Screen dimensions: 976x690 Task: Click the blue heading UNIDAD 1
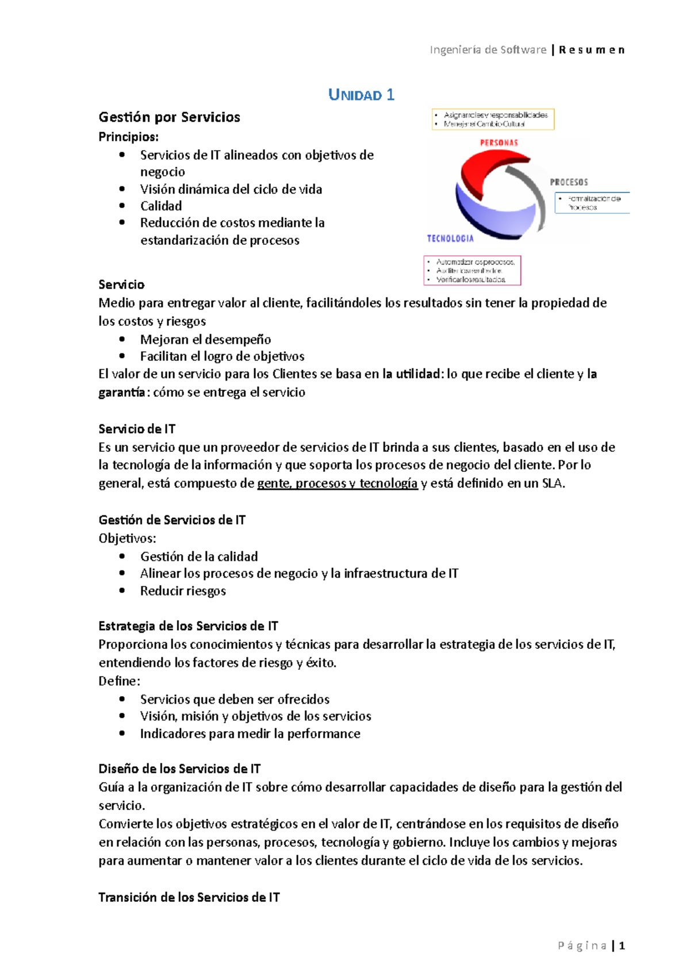point(361,95)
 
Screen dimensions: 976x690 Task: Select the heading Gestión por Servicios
point(169,117)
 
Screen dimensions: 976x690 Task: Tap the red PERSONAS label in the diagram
point(499,143)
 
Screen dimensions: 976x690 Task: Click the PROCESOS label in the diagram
point(569,182)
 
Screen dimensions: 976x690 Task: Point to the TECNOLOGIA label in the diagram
point(450,239)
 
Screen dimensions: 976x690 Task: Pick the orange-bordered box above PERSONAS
point(493,119)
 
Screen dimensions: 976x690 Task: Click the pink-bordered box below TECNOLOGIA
point(472,270)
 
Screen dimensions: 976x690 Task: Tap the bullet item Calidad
point(161,206)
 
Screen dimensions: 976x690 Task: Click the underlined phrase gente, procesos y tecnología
point(337,483)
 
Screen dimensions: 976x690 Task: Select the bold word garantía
point(121,393)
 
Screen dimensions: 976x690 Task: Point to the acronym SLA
point(553,483)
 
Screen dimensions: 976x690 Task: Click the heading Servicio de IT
point(137,429)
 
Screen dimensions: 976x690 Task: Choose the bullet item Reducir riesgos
point(183,591)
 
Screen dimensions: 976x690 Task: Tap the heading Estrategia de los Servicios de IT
point(188,626)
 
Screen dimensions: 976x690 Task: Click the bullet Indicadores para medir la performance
point(250,733)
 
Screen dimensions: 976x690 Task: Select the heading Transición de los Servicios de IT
point(189,897)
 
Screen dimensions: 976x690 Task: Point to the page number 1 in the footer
point(622,946)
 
